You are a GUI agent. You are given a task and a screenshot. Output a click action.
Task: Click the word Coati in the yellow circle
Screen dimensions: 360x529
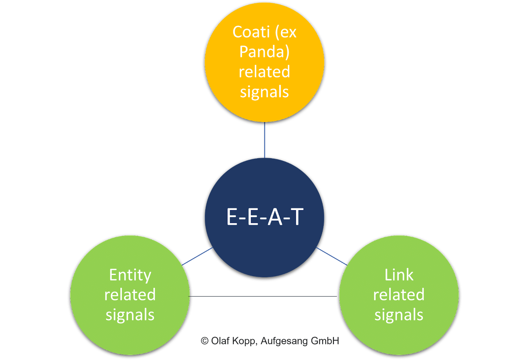[251, 32]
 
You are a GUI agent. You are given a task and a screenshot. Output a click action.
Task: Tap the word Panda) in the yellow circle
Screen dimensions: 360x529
[264, 52]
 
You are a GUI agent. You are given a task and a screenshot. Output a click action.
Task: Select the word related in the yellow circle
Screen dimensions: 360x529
[264, 72]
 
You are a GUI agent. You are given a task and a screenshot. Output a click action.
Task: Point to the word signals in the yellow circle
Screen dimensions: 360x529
[264, 92]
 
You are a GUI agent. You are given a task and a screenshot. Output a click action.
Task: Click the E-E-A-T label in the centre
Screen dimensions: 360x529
[264, 217]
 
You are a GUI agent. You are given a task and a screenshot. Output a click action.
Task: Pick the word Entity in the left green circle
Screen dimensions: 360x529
[130, 275]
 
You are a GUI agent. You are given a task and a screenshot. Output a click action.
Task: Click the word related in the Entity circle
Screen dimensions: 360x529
[130, 295]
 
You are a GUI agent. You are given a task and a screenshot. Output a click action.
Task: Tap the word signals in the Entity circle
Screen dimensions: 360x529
[130, 315]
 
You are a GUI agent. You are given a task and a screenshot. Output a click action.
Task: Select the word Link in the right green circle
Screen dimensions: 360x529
[399, 275]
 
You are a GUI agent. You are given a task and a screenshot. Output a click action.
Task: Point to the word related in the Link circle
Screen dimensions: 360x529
[399, 295]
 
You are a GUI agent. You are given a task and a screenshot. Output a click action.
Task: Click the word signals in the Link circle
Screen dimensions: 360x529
[399, 315]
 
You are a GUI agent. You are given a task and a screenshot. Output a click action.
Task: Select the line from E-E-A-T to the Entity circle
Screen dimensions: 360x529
[197, 256]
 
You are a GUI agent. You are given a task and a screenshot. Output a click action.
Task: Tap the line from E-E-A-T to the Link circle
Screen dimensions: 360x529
[332, 256]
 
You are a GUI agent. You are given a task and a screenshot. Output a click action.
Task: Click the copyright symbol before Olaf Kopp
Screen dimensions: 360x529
[205, 341]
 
